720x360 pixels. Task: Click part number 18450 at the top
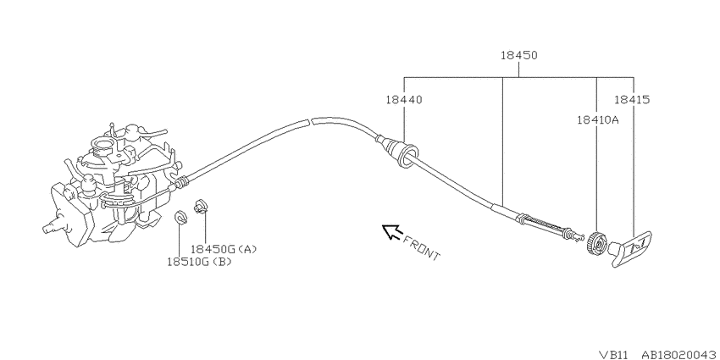tap(518, 56)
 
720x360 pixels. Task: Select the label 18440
tap(403, 100)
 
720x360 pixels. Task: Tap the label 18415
tap(632, 100)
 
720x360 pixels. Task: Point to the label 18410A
tap(598, 120)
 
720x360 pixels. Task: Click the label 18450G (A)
tap(224, 249)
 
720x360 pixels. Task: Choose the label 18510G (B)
tap(199, 263)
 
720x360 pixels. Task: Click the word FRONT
tap(421, 248)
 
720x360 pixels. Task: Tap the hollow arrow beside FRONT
tap(391, 231)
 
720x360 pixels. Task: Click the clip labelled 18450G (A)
tap(200, 206)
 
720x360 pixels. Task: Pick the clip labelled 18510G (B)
tap(181, 218)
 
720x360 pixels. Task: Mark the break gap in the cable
tap(308, 121)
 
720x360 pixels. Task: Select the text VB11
tap(615, 354)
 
